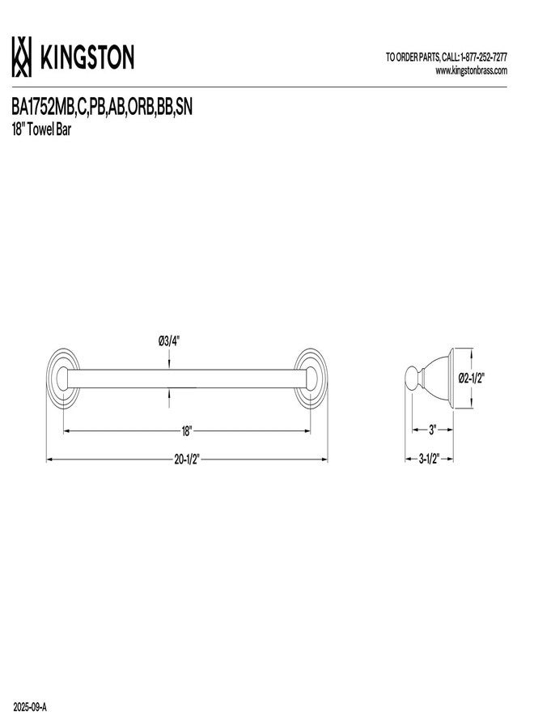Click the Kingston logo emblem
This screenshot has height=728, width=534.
[22, 57]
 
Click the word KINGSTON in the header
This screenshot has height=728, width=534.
[87, 57]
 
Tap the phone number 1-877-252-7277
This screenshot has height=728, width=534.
[483, 57]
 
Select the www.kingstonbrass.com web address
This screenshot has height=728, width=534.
[472, 70]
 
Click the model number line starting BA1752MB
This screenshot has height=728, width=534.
[102, 108]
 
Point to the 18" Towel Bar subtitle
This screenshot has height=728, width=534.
[41, 130]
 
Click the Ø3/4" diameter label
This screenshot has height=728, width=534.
[169, 341]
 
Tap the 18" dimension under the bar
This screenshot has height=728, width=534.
[186, 431]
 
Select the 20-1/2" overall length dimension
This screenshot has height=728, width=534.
[186, 459]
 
